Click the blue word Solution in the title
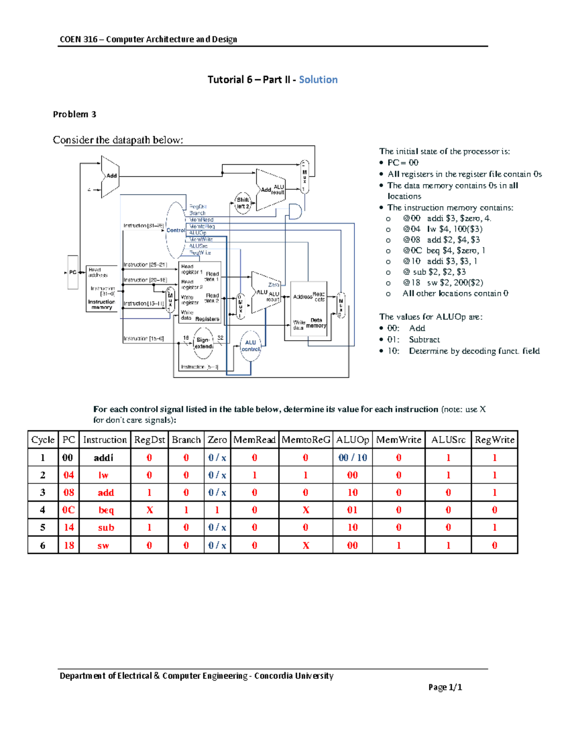coord(318,80)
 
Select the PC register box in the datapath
coord(73,272)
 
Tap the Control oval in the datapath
coord(176,230)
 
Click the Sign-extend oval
coord(203,343)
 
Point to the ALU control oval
coord(250,346)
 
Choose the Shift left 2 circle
coord(243,203)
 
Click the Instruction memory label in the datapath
coord(102,305)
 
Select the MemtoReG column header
coord(305,440)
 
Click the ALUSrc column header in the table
coord(448,440)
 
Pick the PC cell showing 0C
coord(68,510)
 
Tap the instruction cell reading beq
coord(105,510)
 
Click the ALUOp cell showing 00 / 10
coord(352,458)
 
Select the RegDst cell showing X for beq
coord(149,510)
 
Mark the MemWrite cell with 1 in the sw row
coord(399,545)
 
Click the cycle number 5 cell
coord(43,528)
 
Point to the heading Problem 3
coord(75,114)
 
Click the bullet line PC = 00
coord(403,163)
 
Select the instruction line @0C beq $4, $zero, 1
coord(444,251)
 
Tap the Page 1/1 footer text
coord(445,687)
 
